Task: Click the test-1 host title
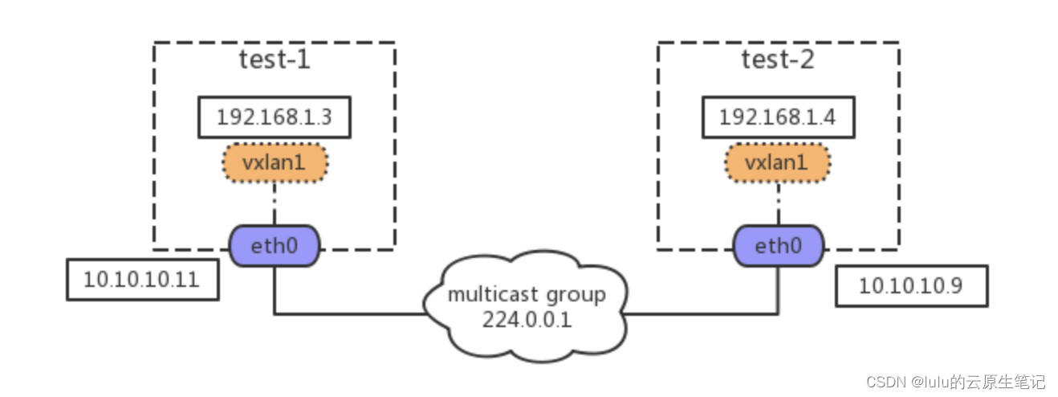pyautogui.click(x=274, y=60)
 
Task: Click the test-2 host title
pyautogui.click(x=777, y=60)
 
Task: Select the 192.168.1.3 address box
pyautogui.click(x=274, y=118)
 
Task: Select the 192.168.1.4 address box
pyautogui.click(x=777, y=118)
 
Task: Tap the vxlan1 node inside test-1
pyautogui.click(x=274, y=163)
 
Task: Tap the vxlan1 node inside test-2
pyautogui.click(x=777, y=163)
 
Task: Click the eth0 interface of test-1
pyautogui.click(x=275, y=245)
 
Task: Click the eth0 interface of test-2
pyautogui.click(x=778, y=245)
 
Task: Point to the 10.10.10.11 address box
pyautogui.click(x=142, y=280)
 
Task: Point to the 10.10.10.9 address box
pyautogui.click(x=910, y=286)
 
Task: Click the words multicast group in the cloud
pyautogui.click(x=526, y=295)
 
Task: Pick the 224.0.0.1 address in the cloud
pyautogui.click(x=526, y=319)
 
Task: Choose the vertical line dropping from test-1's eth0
pyautogui.click(x=275, y=289)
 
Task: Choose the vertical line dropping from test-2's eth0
pyautogui.click(x=778, y=289)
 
